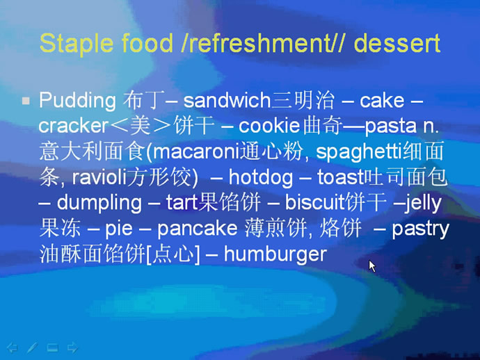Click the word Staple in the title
pyautogui.click(x=77, y=44)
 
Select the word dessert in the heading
pyautogui.click(x=397, y=43)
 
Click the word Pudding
pyautogui.click(x=77, y=101)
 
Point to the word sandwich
pyautogui.click(x=227, y=100)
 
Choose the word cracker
pyautogui.click(x=74, y=125)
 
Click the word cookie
pyautogui.click(x=269, y=125)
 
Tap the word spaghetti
pyautogui.click(x=358, y=152)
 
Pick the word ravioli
pyautogui.click(x=99, y=177)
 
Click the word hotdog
pyautogui.click(x=260, y=178)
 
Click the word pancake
pyautogui.click(x=198, y=229)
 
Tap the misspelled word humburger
pyautogui.click(x=275, y=254)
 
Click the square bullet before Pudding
pyautogui.click(x=26, y=101)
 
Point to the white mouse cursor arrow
pyautogui.click(x=372, y=266)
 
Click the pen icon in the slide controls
pyautogui.click(x=32, y=347)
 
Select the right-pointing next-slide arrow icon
pyautogui.click(x=72, y=347)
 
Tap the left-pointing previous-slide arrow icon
pyautogui.click(x=13, y=347)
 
